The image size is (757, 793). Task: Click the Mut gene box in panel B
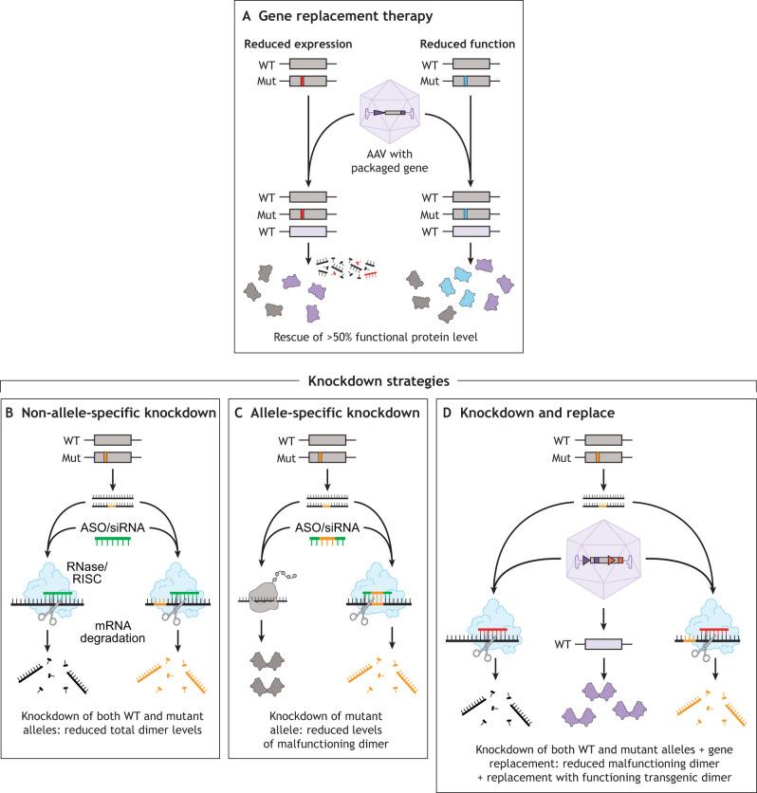tap(118, 458)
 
